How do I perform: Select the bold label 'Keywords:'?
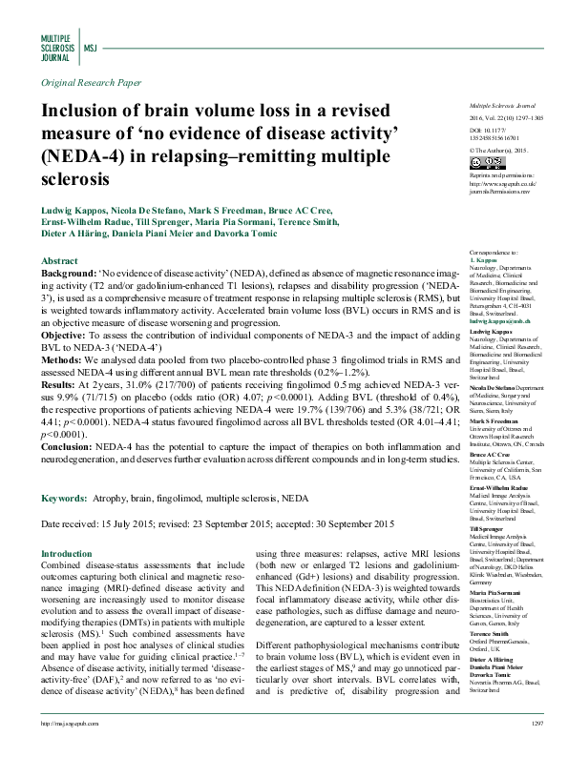pos(69,498)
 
